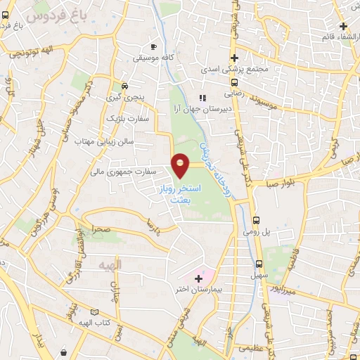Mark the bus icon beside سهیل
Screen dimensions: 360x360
259,264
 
